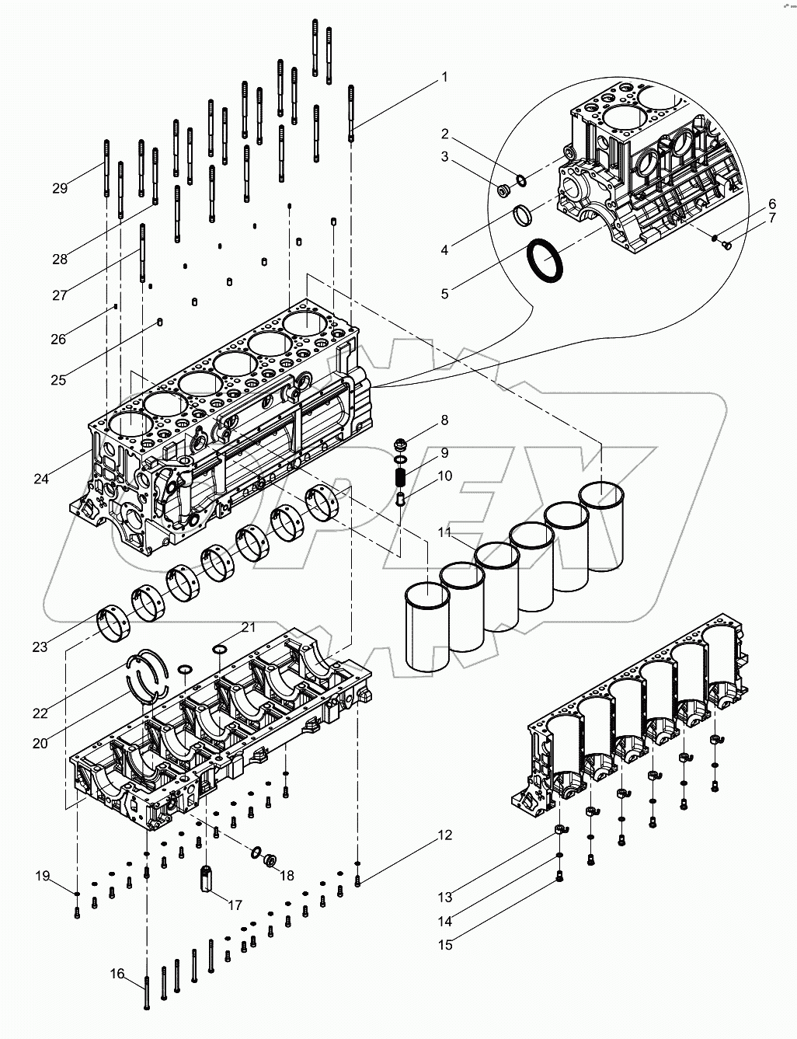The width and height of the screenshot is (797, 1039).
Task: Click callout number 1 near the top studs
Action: (444, 77)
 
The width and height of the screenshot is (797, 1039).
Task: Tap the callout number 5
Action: (444, 294)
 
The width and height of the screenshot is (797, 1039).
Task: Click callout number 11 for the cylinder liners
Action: (444, 532)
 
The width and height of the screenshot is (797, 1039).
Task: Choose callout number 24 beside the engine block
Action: (41, 479)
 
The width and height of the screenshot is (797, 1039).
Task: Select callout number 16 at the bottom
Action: (117, 973)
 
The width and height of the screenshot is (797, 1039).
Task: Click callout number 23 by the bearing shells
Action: (40, 646)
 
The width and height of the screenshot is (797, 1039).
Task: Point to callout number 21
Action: (226, 627)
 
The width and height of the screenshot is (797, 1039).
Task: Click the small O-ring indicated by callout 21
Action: (220, 649)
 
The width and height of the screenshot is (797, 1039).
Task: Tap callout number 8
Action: (444, 421)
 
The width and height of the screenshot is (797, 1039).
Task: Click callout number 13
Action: (444, 898)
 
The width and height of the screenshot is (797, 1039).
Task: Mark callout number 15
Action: (444, 945)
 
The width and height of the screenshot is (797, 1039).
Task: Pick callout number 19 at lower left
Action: (41, 877)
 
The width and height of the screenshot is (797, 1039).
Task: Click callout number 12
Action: (444, 836)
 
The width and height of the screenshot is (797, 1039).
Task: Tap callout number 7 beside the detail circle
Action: (771, 218)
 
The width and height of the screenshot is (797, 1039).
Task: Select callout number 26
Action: (59, 339)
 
